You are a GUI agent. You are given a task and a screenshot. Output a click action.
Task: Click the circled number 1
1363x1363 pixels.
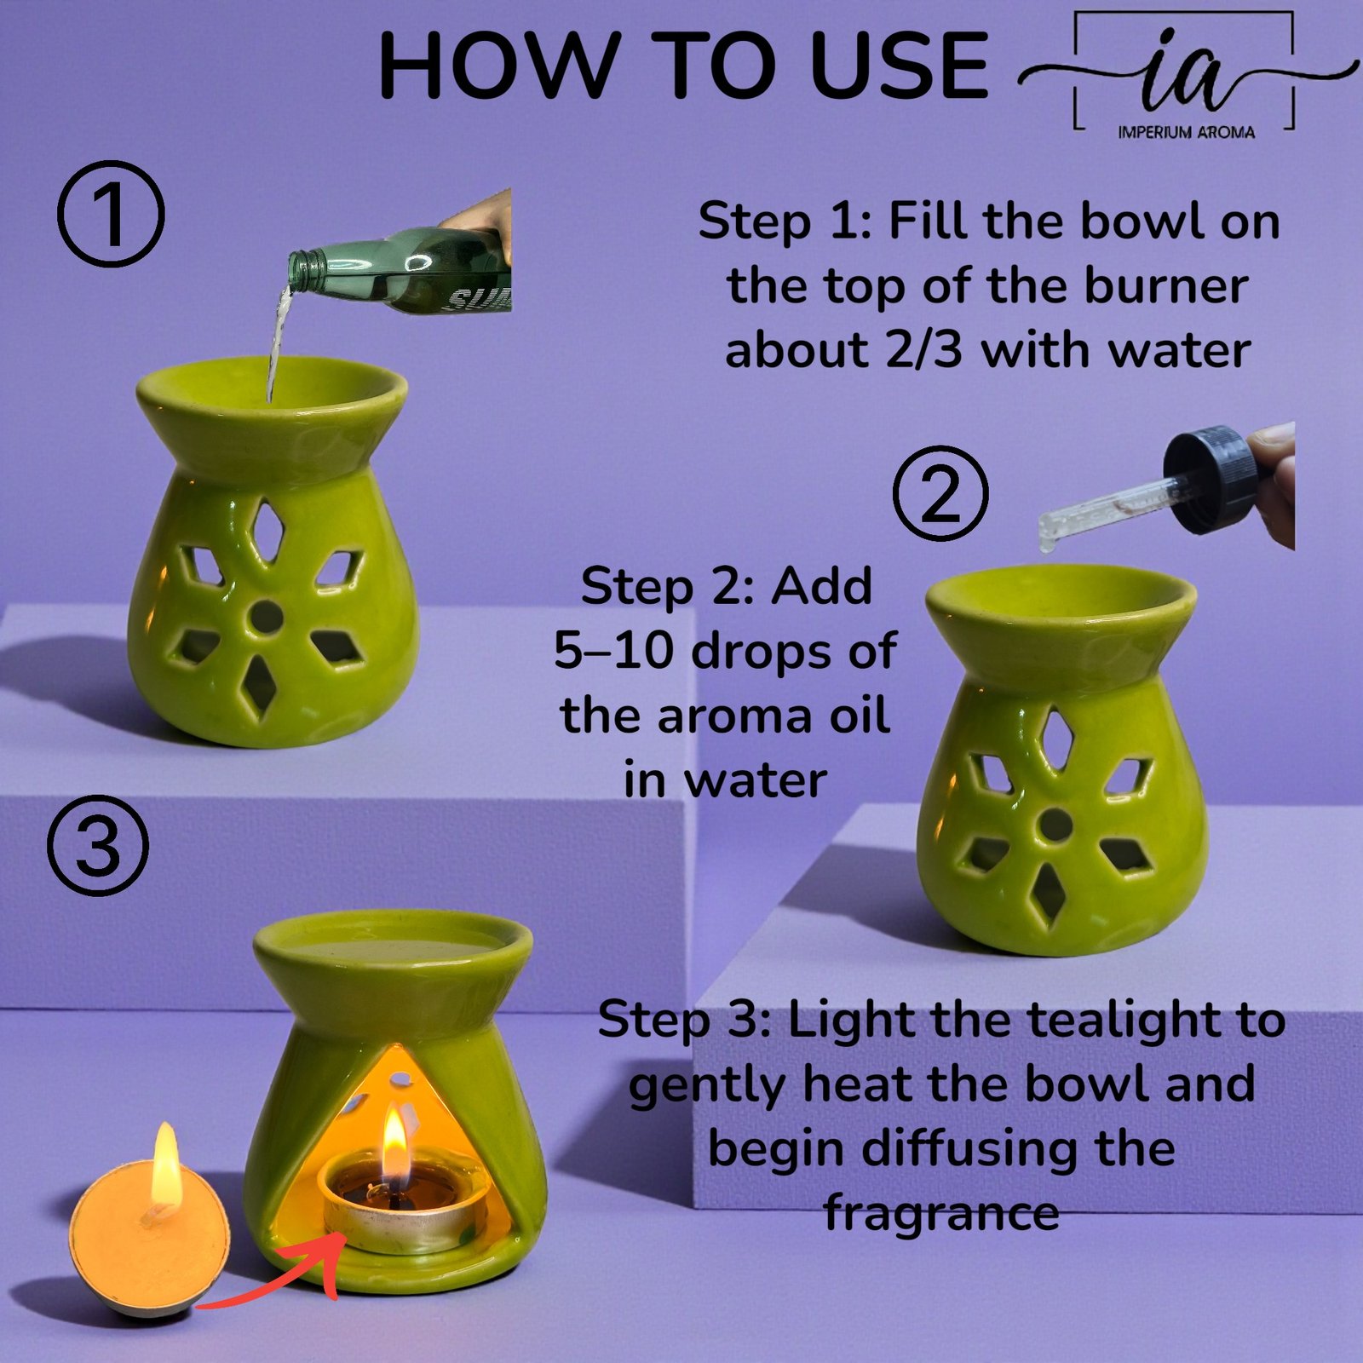tap(111, 214)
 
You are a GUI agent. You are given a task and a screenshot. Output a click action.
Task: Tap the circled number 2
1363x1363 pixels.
tap(941, 494)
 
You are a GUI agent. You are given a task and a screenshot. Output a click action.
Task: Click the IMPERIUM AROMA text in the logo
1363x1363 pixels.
tap(1186, 132)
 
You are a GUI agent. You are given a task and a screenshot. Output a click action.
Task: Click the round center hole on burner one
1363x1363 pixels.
tap(267, 618)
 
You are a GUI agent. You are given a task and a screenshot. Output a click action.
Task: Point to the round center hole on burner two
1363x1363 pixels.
tap(1056, 824)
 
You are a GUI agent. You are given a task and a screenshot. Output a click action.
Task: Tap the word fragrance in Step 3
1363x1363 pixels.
tap(941, 1212)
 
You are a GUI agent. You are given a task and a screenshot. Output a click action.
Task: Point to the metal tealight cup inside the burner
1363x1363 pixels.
tap(400, 1222)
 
